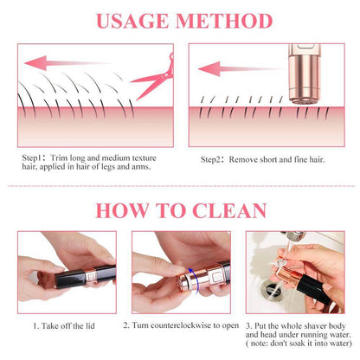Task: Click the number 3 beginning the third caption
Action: coord(247,325)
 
